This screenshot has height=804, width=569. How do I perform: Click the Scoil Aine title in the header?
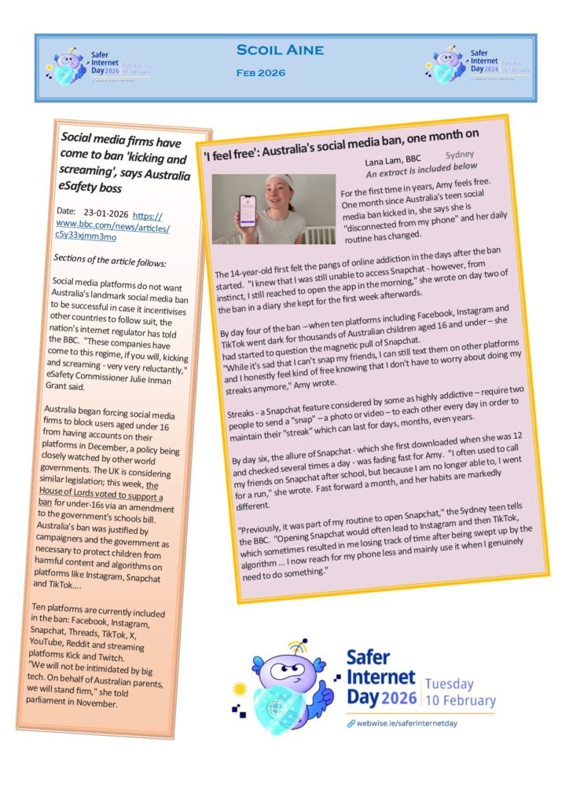(280, 51)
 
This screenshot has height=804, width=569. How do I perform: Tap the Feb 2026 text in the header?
(261, 73)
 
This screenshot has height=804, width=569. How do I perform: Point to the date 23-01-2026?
(105, 213)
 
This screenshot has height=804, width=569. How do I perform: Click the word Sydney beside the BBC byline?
(460, 155)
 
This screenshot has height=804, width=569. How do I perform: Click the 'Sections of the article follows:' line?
(110, 260)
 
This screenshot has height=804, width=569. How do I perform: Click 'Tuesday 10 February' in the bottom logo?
(461, 692)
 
